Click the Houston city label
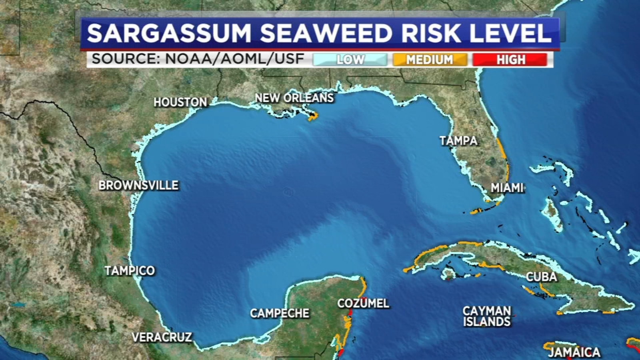coord(180,102)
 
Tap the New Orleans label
coord(294,98)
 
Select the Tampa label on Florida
coord(458,141)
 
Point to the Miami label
coord(507,188)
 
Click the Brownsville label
coord(138,185)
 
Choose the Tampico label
coord(130,270)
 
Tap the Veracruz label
coord(162,337)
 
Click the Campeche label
coord(280,313)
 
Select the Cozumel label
coord(363,303)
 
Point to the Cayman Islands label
coord(487,316)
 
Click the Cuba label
coord(541,277)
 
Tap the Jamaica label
coord(574,352)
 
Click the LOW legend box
coord(350,60)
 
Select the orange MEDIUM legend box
coord(430,60)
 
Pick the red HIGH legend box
coord(510,60)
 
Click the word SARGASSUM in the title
coord(169,33)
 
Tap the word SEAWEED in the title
coord(326,33)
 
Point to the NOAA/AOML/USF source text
coord(234,59)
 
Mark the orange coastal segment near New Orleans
coord(313,116)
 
